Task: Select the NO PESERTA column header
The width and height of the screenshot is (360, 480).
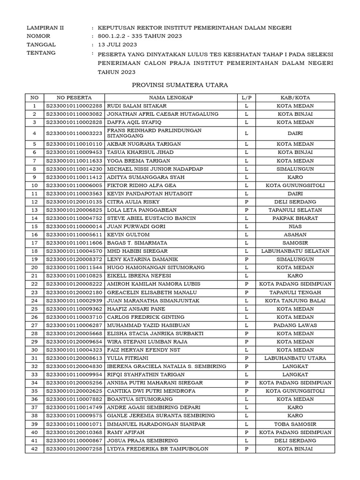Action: [x=75, y=97]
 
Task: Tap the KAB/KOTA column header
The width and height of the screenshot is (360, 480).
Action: [x=295, y=97]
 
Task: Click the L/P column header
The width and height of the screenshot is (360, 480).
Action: [x=247, y=97]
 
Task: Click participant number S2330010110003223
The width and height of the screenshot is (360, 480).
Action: [x=75, y=133]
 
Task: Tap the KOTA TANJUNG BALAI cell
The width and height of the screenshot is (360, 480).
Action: [x=295, y=300]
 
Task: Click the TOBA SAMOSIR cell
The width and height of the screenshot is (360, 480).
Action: [x=295, y=424]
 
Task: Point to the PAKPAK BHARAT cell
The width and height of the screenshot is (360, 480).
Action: [x=295, y=218]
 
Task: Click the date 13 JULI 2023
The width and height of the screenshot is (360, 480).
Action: [x=116, y=45]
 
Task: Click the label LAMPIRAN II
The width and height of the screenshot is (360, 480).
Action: [x=45, y=28]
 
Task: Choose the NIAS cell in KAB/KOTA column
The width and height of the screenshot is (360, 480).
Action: [x=295, y=226]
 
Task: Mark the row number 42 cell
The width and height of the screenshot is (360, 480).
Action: [x=34, y=449]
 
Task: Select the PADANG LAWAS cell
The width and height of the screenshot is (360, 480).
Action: [x=295, y=325]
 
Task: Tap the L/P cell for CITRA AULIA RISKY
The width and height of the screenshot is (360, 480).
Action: [x=247, y=202]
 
